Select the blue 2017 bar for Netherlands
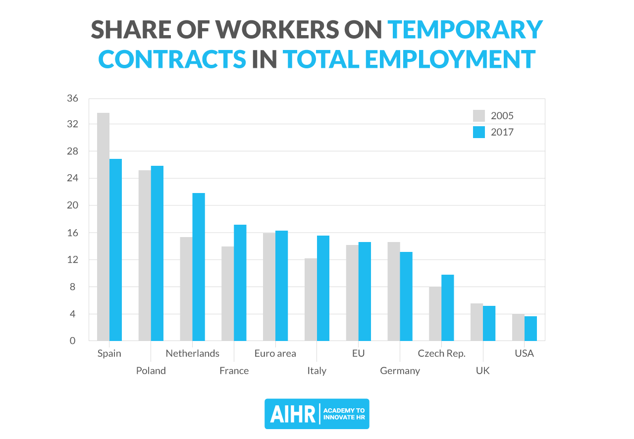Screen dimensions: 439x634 pos(199,267)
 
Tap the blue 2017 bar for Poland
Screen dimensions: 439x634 pos(157,253)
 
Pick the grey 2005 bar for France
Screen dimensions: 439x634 pos(227,293)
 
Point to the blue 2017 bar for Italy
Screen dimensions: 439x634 pos(323,288)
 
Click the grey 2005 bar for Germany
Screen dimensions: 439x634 pos(394,291)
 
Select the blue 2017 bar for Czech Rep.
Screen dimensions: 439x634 pos(448,307)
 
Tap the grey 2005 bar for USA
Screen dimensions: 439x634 pos(518,327)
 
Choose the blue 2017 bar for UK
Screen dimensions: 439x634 pos(489,323)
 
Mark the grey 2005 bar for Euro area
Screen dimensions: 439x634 pos(269,287)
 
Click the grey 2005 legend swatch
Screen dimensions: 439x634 pos(479,116)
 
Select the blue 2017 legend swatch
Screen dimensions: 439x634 pos(479,132)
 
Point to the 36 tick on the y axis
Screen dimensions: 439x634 pos(73,98)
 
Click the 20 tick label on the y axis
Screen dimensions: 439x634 pos(73,205)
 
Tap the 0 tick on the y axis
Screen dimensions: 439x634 pos(73,341)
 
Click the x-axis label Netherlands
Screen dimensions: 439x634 pos(192,353)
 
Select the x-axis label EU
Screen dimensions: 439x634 pos(358,353)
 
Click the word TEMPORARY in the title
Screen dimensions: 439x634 pos(465,30)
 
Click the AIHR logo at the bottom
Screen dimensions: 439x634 pos(317,414)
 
